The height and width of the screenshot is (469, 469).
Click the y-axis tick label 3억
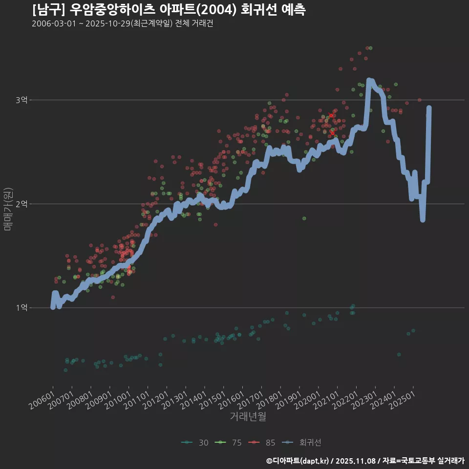[21, 100]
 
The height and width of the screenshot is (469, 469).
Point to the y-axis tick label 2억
[21, 204]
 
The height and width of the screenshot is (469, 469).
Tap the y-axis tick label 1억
[21, 308]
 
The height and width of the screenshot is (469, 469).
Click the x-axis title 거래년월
[248, 417]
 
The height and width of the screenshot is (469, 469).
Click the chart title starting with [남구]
[169, 9]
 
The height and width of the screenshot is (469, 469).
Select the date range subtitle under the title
[122, 24]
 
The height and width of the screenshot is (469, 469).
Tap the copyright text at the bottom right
[365, 460]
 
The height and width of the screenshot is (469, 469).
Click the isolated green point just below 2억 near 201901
[304, 218]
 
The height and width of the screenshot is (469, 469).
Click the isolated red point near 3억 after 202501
[419, 100]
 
